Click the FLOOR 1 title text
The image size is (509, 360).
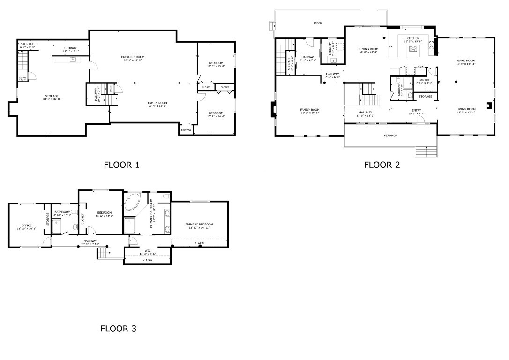(x=121, y=165)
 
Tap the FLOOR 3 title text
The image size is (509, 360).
(x=118, y=329)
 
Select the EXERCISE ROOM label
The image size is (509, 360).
(x=133, y=57)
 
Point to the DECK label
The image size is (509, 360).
(x=318, y=23)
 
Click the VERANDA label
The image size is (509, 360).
(x=390, y=135)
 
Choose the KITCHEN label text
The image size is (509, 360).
(x=413, y=38)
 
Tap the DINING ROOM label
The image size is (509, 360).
(x=368, y=49)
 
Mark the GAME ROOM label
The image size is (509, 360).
(x=466, y=60)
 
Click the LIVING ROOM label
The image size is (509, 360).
(x=466, y=109)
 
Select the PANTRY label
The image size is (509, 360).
(x=424, y=80)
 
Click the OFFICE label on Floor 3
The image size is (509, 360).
(x=26, y=225)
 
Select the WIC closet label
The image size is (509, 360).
(x=148, y=251)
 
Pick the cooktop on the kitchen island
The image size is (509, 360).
(x=413, y=48)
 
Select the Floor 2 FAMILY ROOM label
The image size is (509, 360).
(x=309, y=110)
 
